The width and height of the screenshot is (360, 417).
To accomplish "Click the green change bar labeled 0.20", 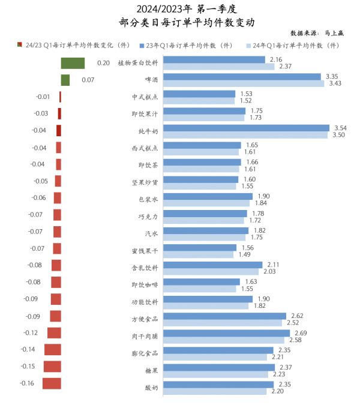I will (73, 63).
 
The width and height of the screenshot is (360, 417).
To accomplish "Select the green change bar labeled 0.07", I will (65, 80).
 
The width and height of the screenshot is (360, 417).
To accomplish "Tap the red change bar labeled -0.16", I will (52, 383).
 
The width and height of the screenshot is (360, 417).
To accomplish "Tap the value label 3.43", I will (334, 83).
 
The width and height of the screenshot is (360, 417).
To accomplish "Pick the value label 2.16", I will (276, 59).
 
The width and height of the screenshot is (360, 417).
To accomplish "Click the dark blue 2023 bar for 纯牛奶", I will (246, 128).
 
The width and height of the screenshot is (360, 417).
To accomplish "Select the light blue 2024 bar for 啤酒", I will (244, 83).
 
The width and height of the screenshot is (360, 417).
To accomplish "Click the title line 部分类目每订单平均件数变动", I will (179, 22).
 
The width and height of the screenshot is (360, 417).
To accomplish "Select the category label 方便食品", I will (145, 319).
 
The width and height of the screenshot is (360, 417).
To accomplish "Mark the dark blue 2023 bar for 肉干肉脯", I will (226, 333).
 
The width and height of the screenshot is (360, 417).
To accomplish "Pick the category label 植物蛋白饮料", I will (139, 62).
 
